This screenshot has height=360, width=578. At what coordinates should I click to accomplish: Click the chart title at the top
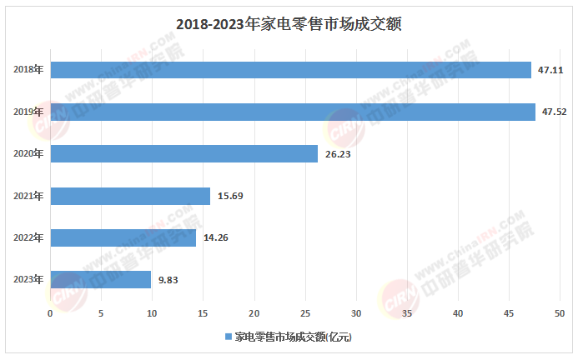289,24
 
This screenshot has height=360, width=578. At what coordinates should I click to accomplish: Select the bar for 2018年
290,70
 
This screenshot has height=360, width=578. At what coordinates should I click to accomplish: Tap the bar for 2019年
293,112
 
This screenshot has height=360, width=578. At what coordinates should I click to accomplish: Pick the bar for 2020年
184,153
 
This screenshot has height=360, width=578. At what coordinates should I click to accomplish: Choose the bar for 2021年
130,196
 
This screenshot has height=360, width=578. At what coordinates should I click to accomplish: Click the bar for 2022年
123,237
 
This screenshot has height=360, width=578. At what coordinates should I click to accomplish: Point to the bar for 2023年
101,279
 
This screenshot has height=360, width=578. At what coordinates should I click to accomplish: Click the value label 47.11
550,70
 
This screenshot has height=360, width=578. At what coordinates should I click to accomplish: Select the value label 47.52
555,112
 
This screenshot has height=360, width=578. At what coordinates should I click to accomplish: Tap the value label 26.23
338,153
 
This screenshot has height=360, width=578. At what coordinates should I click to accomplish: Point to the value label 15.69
230,196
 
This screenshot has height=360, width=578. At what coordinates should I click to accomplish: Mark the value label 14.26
216,237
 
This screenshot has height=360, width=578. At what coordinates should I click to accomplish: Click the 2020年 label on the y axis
29,153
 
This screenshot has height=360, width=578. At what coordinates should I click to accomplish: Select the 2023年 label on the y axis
29,279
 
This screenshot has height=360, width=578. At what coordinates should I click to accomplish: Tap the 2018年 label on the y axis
29,70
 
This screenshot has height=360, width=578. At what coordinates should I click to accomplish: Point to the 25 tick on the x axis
305,313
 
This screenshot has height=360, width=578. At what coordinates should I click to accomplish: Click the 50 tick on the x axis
560,313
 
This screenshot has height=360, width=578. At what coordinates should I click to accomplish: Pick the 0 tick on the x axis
51,313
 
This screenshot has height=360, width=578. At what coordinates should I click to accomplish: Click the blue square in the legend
228,337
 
